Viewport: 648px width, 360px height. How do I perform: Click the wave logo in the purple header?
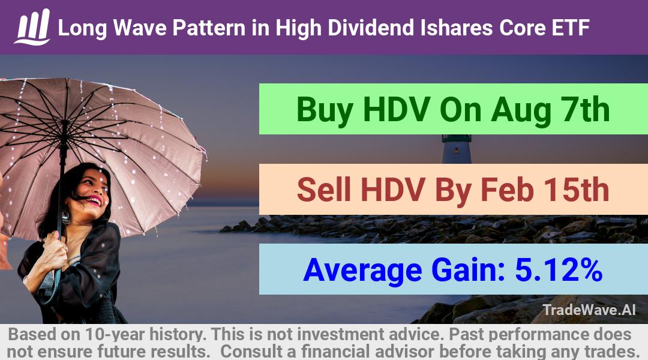[x=32, y=27]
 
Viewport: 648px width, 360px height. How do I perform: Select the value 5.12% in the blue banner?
[x=559, y=269]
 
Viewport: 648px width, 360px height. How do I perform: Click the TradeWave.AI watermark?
[x=589, y=310]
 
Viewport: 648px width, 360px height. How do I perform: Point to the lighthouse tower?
[x=457, y=149]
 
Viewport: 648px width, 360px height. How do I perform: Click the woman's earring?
[x=66, y=217]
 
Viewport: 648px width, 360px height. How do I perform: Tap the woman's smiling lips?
[x=95, y=200]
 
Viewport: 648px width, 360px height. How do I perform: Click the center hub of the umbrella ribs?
[x=64, y=123]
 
